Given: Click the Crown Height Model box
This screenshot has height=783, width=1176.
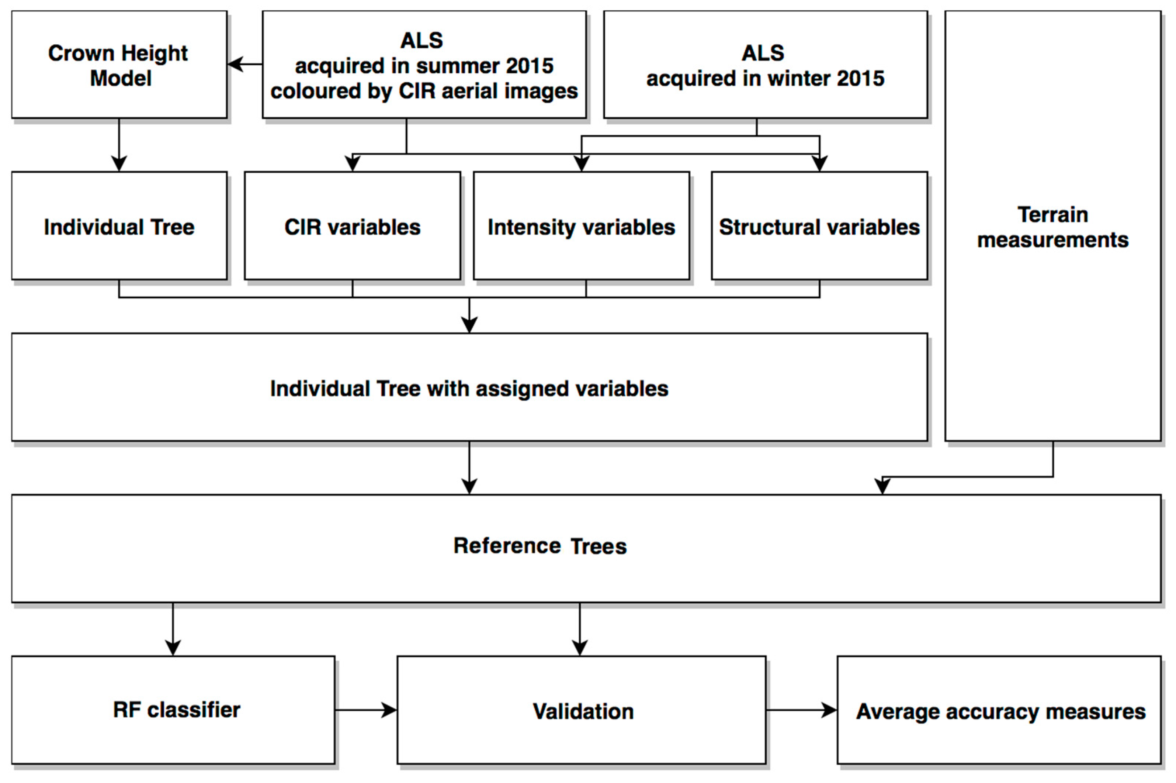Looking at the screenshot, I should [x=119, y=65].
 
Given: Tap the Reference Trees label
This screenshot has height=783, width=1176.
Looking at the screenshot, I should [x=540, y=546].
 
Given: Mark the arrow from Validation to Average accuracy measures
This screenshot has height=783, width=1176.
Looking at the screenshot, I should [x=801, y=710].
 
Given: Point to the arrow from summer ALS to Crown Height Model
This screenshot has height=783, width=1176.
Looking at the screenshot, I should [x=244, y=64].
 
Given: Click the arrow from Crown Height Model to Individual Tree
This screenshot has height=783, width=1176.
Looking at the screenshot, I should [x=119, y=145].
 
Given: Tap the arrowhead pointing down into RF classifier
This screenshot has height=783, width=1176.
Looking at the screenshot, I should [x=173, y=648].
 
